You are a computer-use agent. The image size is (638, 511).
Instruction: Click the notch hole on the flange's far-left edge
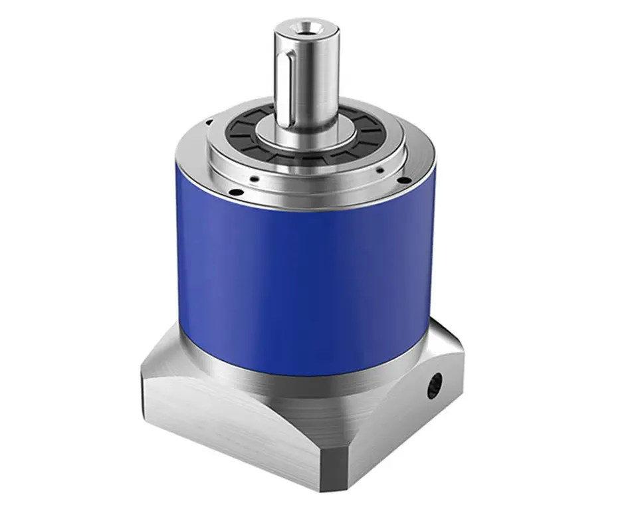[x=208, y=122]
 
